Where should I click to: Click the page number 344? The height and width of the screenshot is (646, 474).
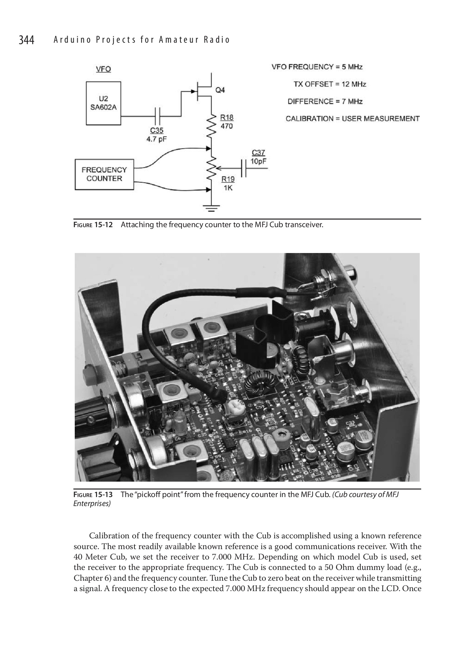(26, 40)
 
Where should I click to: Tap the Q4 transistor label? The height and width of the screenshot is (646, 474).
(220, 90)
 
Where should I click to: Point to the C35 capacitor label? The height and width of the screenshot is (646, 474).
(156, 135)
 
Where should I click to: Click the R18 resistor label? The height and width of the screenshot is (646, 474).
(226, 122)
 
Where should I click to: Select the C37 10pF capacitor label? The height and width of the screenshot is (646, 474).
(258, 157)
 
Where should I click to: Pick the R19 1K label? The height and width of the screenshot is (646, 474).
(228, 183)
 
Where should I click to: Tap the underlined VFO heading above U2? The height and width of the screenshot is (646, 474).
(103, 69)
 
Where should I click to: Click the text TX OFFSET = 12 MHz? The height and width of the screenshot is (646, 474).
(330, 84)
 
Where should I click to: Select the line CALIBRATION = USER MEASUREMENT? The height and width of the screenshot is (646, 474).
(352, 119)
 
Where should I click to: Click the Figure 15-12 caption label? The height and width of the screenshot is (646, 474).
(93, 225)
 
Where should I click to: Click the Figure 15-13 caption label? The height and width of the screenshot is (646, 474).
(93, 495)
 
